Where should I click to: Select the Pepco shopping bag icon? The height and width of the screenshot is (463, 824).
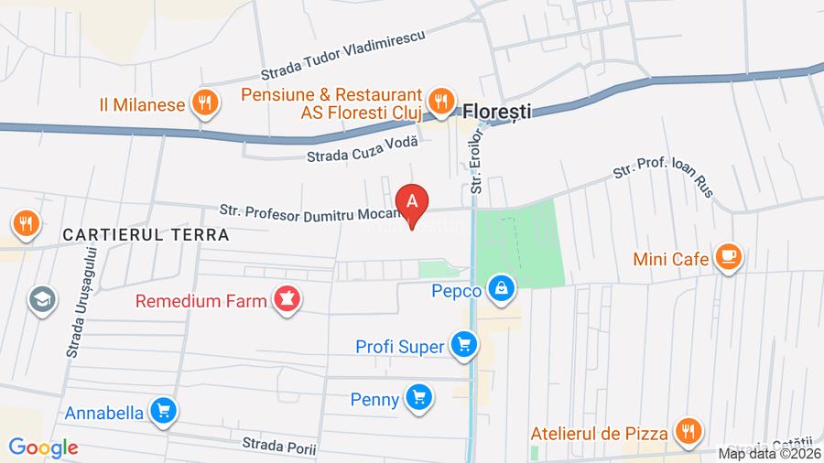coord(501,290)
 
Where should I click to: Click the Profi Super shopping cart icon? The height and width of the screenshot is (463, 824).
coord(463,346)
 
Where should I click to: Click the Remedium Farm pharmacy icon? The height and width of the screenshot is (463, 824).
coord(287,299)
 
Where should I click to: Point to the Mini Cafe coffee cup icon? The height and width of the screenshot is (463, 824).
coord(729,257)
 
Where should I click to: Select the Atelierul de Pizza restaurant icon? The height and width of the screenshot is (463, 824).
coord(687,430)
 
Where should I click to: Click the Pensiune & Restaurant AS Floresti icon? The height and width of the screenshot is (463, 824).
coord(441,102)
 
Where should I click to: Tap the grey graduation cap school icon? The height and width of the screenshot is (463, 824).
coord(41,299)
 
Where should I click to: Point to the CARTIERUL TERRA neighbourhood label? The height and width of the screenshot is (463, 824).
coord(146,234)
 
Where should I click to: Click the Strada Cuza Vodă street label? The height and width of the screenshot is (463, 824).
coord(362,148)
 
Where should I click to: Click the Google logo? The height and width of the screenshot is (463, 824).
coord(43,447)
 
